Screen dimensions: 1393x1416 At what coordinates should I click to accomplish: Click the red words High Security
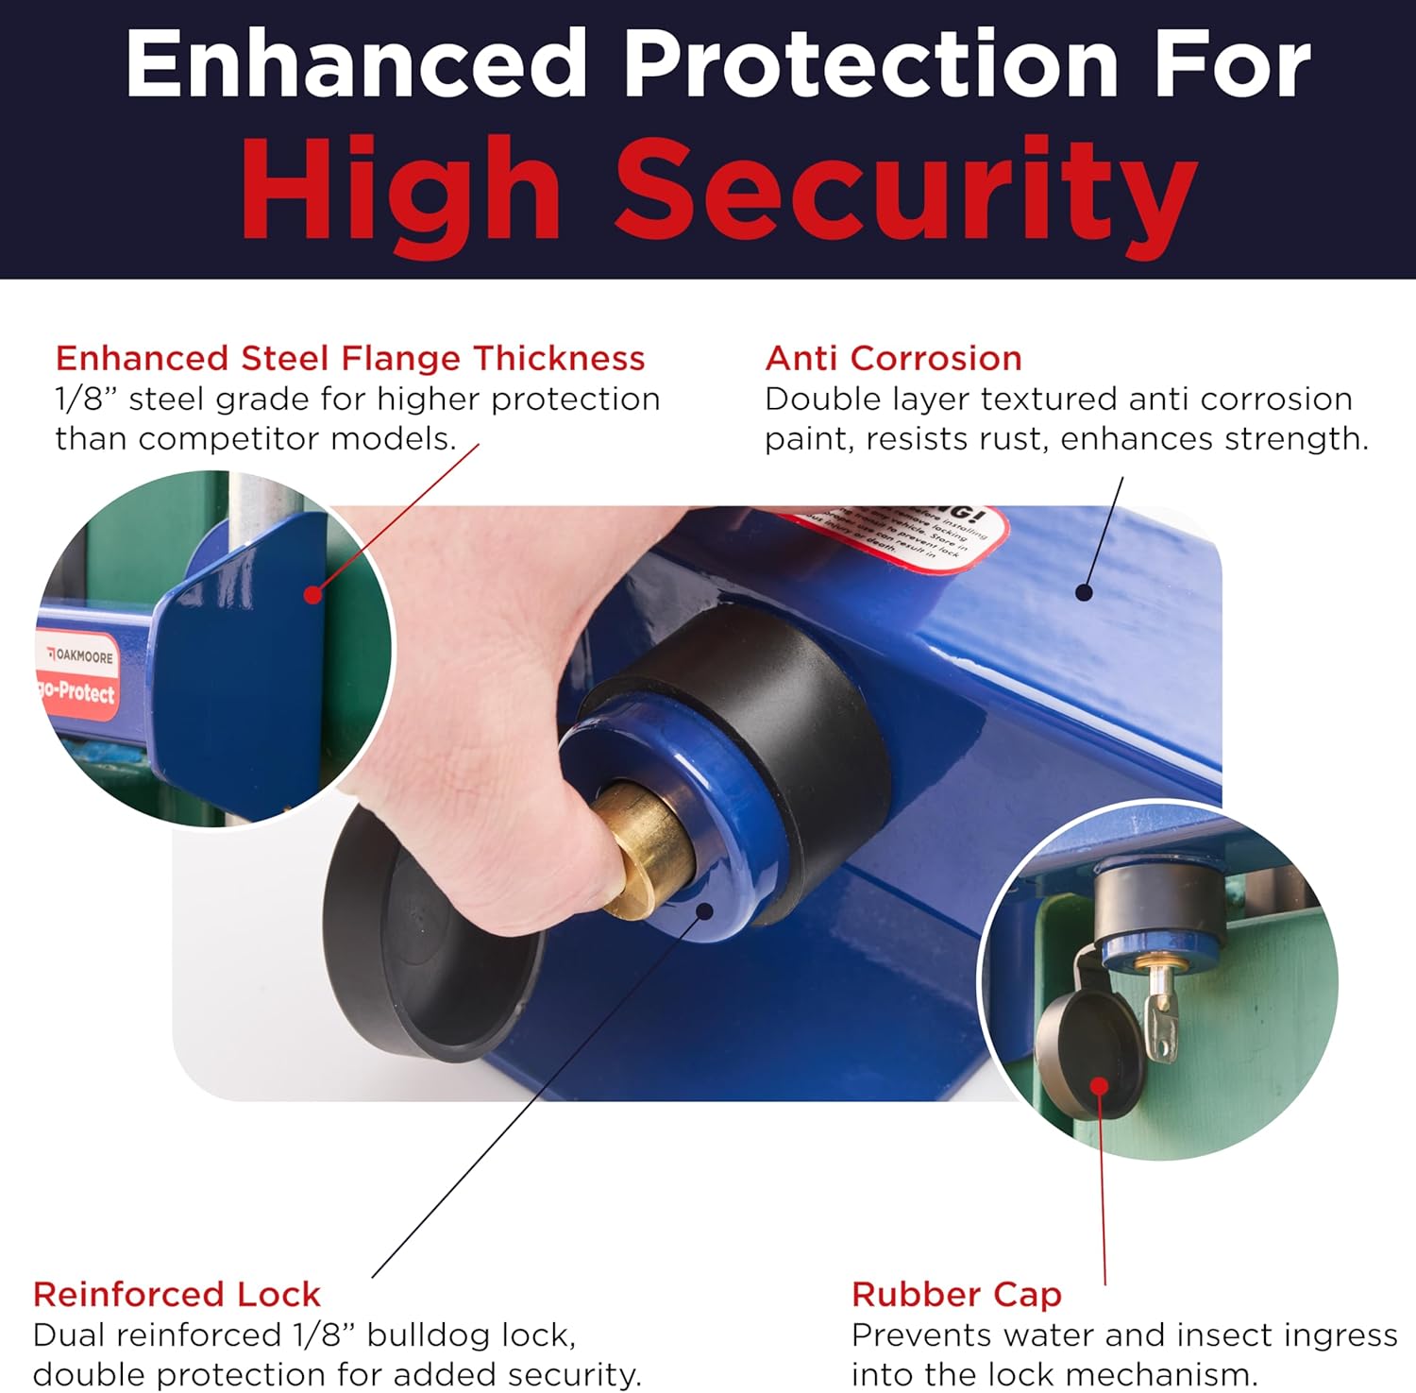[717, 189]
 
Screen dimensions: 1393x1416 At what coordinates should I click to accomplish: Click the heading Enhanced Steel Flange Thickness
[350, 359]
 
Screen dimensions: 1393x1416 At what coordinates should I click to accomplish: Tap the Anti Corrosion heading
[893, 359]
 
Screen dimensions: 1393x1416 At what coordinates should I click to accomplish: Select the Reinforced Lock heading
[177, 1294]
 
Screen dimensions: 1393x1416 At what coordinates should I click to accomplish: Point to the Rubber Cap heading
[956, 1294]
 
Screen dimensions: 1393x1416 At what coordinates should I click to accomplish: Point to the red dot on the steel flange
[313, 595]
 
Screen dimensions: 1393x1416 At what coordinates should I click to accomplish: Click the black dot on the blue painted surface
[1084, 593]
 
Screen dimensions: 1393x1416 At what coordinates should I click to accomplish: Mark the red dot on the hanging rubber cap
[1100, 1085]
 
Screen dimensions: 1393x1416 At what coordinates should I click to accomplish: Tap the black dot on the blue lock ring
[705, 910]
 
